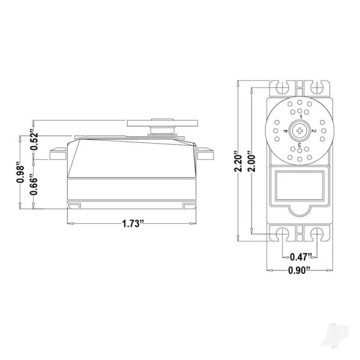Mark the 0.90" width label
tap(299, 270)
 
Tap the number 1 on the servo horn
tap(301, 117)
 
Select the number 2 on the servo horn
tap(314, 131)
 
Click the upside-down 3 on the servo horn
tap(300, 145)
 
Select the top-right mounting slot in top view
tap(317, 87)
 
